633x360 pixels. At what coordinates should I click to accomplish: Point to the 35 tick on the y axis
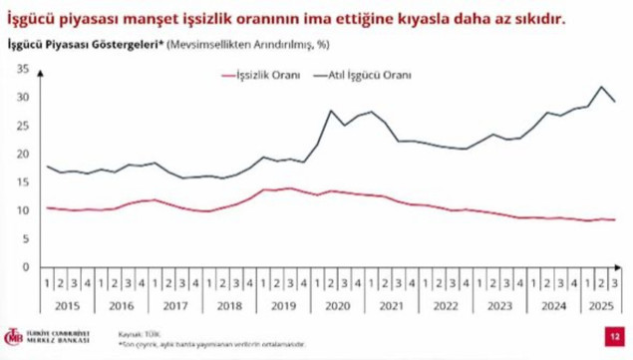tap(21, 69)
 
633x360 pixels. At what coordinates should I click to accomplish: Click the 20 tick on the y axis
tap(21, 154)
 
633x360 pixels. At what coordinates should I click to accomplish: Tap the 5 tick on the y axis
tap(24, 239)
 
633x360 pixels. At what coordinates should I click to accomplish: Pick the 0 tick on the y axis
tap(24, 267)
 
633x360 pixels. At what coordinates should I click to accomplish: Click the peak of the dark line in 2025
tap(601, 87)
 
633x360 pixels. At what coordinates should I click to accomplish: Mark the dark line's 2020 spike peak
tap(331, 111)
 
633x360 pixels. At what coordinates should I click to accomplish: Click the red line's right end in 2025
tap(613, 219)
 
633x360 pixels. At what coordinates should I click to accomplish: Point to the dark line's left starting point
tap(47, 166)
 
